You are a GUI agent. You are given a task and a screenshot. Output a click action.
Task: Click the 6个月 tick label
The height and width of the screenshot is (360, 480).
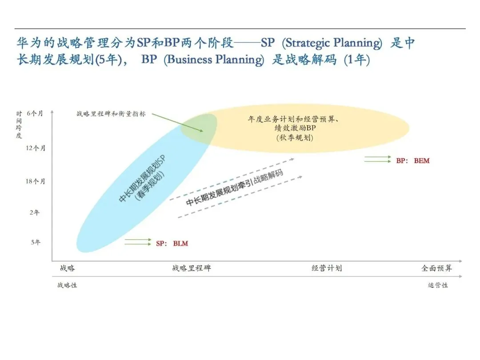pyautogui.click(x=35, y=113)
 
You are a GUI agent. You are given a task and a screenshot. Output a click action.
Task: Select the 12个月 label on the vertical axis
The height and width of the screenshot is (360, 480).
pyautogui.click(x=35, y=148)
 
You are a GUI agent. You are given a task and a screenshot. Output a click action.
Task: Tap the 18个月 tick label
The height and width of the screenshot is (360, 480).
pyautogui.click(x=35, y=181)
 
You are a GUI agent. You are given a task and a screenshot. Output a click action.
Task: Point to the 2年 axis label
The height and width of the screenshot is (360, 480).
pyautogui.click(x=35, y=212)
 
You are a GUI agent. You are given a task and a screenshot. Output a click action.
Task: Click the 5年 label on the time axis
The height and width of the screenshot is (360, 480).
pyautogui.click(x=36, y=243)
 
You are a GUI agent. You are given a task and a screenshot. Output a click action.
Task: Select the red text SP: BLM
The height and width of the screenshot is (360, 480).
pyautogui.click(x=172, y=244)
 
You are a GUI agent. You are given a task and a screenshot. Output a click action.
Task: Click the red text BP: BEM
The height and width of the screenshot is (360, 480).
pyautogui.click(x=413, y=160)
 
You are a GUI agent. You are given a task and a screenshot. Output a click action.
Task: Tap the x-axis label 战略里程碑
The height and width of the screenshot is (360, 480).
pyautogui.click(x=192, y=268)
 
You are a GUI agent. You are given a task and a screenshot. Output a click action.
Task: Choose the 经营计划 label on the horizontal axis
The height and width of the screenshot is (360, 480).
pyautogui.click(x=327, y=268)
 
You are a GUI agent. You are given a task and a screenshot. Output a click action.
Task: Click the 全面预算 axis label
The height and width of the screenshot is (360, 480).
pyautogui.click(x=437, y=268)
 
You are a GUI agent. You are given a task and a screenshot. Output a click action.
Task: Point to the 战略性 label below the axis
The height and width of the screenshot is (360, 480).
pyautogui.click(x=67, y=285)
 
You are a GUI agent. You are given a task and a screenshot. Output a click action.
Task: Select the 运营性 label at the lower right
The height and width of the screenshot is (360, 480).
pyautogui.click(x=438, y=285)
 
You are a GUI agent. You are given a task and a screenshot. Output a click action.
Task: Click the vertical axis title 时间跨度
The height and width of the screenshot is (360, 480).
pyautogui.click(x=19, y=125)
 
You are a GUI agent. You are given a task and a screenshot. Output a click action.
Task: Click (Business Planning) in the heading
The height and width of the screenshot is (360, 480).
pyautogui.click(x=214, y=60)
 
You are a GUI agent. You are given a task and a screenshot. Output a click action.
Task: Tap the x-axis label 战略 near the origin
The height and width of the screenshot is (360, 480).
pyautogui.click(x=68, y=268)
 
